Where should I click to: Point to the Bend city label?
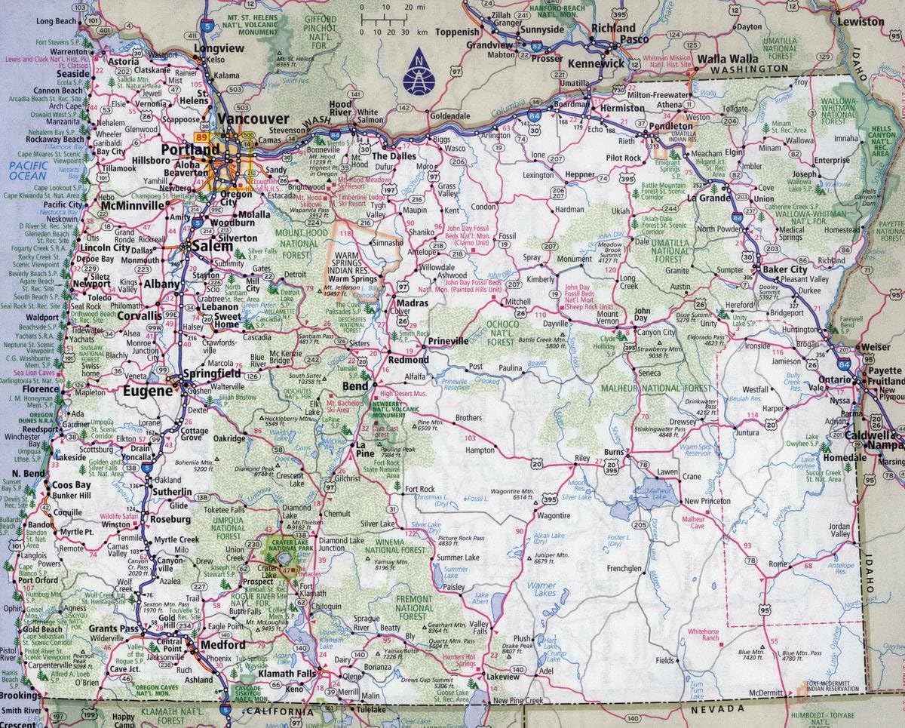coord(355,386)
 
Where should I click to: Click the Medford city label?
coord(222,645)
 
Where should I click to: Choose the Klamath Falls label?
coord(287,672)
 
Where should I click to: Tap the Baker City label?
coord(784,269)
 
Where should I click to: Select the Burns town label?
coord(615,453)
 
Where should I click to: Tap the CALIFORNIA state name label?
coord(278,711)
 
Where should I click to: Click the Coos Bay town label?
coord(72,485)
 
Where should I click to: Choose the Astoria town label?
coord(123,61)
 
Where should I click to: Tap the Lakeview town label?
coord(503,677)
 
